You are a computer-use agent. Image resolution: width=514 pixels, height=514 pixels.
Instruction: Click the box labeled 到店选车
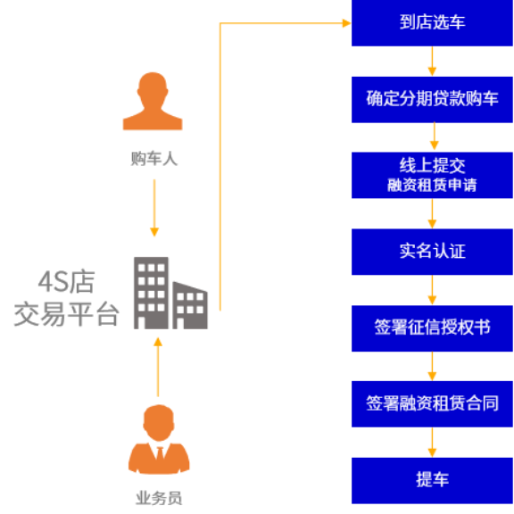[432, 22]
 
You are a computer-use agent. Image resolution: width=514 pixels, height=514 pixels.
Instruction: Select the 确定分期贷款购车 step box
[432, 100]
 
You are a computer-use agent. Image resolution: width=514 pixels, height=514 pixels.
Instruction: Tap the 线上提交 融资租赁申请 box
[432, 175]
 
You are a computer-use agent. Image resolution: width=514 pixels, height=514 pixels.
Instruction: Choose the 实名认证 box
[432, 252]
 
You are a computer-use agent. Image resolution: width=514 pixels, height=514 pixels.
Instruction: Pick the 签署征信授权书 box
[432, 328]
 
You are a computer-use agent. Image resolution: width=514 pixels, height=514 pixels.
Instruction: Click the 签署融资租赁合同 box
[432, 404]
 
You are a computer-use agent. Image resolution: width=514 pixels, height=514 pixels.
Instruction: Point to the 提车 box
[432, 481]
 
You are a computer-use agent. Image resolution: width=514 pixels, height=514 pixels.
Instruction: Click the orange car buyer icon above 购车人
[153, 101]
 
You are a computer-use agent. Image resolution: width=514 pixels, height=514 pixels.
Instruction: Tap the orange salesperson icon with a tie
[159, 439]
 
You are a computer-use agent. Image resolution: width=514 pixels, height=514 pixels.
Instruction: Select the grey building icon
[170, 293]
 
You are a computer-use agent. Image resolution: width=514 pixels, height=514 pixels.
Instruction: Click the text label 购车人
[154, 159]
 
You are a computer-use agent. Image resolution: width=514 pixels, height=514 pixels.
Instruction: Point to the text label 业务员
[159, 498]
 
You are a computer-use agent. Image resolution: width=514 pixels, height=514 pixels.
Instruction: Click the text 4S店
[67, 282]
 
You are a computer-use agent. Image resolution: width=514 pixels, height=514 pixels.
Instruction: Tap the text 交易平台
[66, 314]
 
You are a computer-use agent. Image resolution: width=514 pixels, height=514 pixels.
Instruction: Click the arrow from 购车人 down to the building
[154, 208]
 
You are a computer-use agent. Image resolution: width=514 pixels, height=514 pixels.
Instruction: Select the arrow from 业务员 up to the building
[158, 367]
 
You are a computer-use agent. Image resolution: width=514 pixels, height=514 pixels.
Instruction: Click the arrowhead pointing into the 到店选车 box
[346, 23]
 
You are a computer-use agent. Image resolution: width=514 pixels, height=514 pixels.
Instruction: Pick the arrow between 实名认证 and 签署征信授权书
[432, 290]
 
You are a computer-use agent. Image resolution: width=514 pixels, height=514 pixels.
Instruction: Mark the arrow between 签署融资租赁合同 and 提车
[432, 443]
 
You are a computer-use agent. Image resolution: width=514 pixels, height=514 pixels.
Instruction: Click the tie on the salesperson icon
[160, 453]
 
